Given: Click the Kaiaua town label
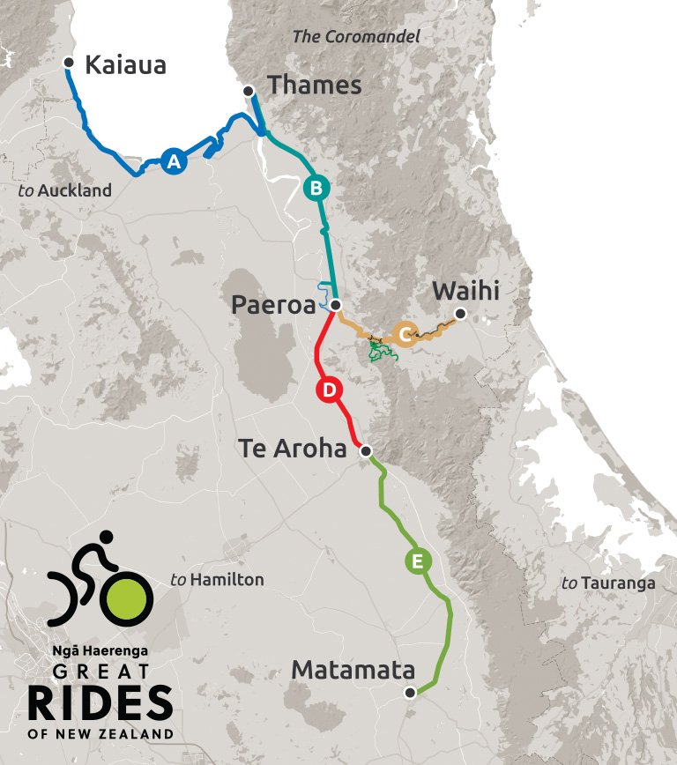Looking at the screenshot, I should pyautogui.click(x=126, y=65).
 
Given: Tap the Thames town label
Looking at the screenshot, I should pyautogui.click(x=314, y=85).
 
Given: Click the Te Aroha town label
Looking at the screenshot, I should pyautogui.click(x=293, y=449).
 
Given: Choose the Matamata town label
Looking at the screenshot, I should pyautogui.click(x=353, y=670).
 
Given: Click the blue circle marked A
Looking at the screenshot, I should pyautogui.click(x=174, y=161).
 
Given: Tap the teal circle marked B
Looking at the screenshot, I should pyautogui.click(x=316, y=188).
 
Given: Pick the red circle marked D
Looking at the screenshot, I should pyautogui.click(x=327, y=390).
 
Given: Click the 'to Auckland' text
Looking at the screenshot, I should pyautogui.click(x=65, y=190).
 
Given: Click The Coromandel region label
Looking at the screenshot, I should pyautogui.click(x=355, y=37).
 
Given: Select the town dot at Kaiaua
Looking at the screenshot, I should pyautogui.click(x=70, y=62).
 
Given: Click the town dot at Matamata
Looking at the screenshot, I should pyautogui.click(x=410, y=693).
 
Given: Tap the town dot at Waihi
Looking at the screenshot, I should pyautogui.click(x=459, y=313).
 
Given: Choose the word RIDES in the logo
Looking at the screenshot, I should pyautogui.click(x=100, y=703).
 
